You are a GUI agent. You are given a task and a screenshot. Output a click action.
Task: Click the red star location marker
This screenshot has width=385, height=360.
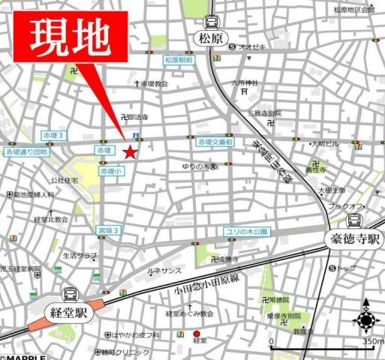130,152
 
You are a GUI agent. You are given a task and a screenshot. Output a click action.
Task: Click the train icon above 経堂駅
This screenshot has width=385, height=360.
71,295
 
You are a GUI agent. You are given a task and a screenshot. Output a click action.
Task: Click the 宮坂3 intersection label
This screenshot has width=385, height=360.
110,229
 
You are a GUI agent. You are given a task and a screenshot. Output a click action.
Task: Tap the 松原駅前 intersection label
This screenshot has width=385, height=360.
179,59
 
